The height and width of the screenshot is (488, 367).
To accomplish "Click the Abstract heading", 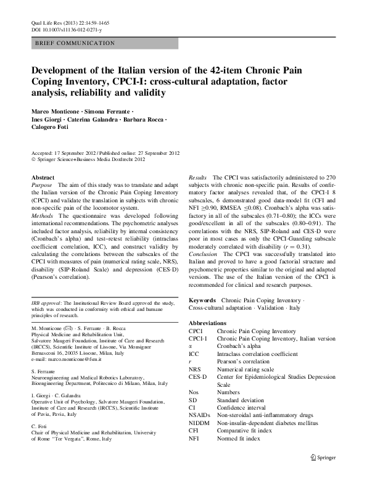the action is tap(43, 177).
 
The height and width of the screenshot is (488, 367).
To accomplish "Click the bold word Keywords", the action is tap(202, 299).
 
